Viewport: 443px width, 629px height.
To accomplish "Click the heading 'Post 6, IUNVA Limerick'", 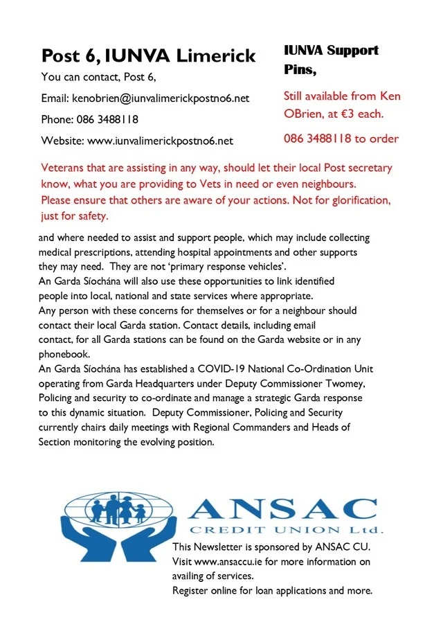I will click(x=148, y=55).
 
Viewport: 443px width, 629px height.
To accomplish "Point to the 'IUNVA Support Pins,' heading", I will click(x=331, y=60).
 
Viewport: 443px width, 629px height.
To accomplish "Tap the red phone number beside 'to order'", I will click(x=318, y=139).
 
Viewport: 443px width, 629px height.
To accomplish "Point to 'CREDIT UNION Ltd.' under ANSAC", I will click(x=285, y=530).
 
